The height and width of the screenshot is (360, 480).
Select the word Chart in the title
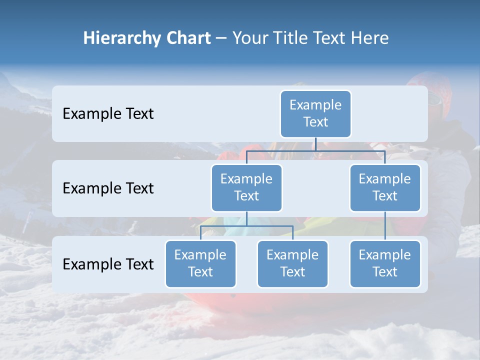[x=186, y=38]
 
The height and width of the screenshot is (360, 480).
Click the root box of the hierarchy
[x=315, y=113]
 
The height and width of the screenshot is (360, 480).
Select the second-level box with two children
[x=246, y=187]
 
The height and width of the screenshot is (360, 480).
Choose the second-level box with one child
[x=385, y=187]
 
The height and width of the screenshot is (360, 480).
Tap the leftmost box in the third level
[x=200, y=263]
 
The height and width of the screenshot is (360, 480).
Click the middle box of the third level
[x=292, y=263]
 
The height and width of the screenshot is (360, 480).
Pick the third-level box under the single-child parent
[x=385, y=263]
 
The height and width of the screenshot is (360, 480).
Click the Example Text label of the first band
[x=108, y=114]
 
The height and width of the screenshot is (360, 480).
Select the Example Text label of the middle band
[x=108, y=188]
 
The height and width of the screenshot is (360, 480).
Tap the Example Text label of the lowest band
[x=108, y=264]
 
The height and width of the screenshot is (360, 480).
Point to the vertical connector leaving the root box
[x=315, y=144]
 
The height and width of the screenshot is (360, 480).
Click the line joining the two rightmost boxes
[x=385, y=225]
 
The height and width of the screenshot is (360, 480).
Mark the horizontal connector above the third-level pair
[x=246, y=226]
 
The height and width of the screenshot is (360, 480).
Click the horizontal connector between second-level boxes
[x=315, y=150]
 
